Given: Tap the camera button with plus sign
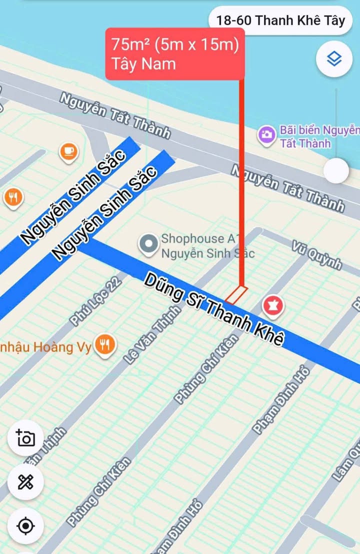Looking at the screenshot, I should pos(25,437).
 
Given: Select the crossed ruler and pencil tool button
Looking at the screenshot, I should pos(25,482).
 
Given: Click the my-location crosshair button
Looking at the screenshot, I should pos(25,526).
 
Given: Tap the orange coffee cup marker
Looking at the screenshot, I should pos(68,151).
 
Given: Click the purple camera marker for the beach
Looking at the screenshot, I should pos(266,134).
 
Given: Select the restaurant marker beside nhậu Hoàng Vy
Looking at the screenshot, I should pos(105,345).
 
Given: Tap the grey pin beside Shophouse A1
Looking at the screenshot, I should pos(148,244).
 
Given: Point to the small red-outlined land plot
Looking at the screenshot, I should pos(236,294).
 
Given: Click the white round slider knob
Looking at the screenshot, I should pos(335,170).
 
